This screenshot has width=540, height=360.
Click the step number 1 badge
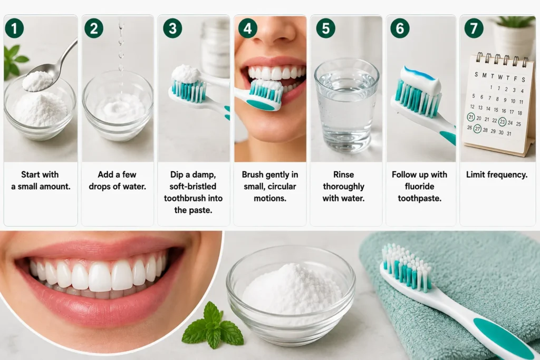tap(14, 28)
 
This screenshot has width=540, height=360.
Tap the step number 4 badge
tap(248, 28)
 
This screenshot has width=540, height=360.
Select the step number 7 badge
tap(474, 28)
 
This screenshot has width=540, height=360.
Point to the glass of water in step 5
tap(346, 105)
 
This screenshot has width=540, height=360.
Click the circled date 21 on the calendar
tap(471, 117)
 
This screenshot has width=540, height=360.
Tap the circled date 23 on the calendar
tap(503, 121)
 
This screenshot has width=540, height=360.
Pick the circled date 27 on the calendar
tap(477, 129)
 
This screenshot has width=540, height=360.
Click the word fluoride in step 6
tap(419, 187)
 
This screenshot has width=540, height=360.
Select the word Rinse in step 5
tap(343, 174)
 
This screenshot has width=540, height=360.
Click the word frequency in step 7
tap(510, 175)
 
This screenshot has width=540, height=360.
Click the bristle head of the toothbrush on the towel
tap(407, 267)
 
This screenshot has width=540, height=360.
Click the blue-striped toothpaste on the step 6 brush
tap(421, 79)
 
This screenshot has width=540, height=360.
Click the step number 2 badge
tap(94, 28)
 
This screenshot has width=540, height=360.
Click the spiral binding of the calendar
tap(500, 60)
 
